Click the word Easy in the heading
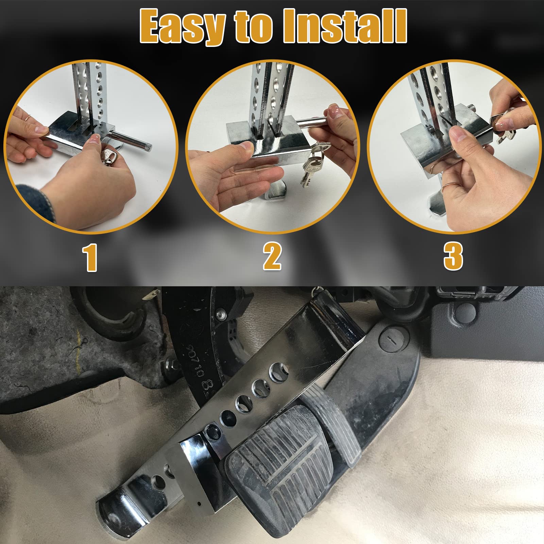pyautogui.click(x=182, y=27)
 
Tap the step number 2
pyautogui.click(x=272, y=257)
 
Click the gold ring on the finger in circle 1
pyautogui.click(x=28, y=117)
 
